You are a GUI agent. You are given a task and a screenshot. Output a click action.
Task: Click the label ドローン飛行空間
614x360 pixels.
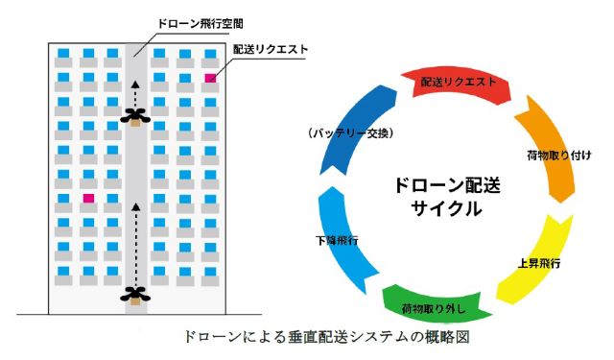201,23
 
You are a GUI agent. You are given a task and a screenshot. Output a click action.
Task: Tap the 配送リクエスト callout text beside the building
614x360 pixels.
271,49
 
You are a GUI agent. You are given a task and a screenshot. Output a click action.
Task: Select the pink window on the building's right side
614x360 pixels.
210,78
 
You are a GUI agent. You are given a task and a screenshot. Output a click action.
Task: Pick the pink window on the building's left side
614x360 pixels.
88,198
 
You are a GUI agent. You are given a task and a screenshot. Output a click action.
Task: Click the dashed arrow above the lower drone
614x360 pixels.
135,245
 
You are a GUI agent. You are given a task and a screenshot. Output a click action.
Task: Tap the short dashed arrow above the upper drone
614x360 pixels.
135,94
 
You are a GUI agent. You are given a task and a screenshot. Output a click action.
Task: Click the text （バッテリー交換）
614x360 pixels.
349,133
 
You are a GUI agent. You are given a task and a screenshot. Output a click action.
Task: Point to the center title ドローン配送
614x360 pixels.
447,185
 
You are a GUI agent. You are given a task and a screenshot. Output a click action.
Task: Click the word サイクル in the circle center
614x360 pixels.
446,208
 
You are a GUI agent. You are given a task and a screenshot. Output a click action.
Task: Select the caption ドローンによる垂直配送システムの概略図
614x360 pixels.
326,337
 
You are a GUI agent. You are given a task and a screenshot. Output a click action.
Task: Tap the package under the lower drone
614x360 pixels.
135,300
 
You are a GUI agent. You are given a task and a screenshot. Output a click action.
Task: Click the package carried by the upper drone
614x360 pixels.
135,123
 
